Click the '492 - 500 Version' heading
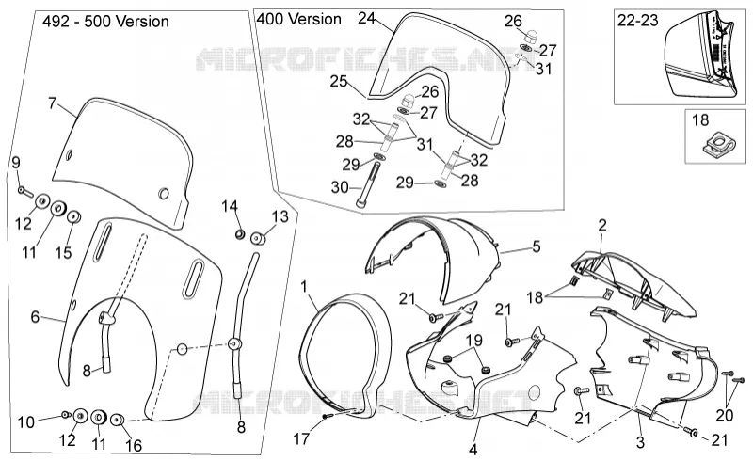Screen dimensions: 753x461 105,22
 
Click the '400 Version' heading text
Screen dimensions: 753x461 298,19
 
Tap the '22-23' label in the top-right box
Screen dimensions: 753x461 638,21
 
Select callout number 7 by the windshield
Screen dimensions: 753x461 53,103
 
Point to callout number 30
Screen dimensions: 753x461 340,187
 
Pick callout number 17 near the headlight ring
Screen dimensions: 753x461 301,438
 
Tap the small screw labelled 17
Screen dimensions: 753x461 326,417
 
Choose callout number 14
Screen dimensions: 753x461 230,207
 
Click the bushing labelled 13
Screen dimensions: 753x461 258,237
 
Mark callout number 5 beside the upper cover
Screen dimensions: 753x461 537,246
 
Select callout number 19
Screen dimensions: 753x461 474,341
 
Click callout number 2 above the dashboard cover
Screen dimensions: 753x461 602,225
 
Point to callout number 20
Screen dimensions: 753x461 725,414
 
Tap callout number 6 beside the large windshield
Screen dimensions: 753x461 35,317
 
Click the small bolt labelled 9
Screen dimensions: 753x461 25,192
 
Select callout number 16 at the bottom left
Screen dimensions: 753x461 134,446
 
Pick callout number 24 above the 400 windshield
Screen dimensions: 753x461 367,18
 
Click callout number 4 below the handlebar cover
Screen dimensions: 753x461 473,450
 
